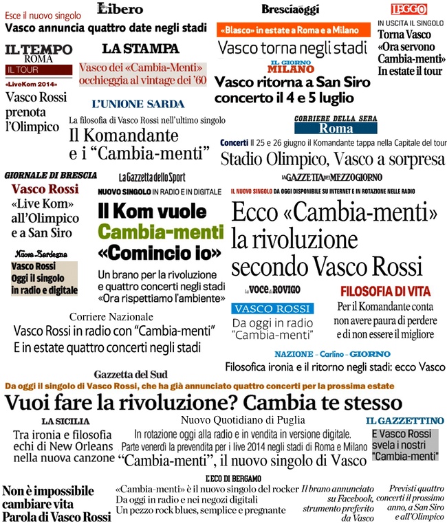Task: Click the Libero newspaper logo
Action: (120, 9)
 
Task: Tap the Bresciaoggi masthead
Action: (289, 9)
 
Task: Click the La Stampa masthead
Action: (140, 49)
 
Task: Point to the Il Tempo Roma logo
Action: (39, 54)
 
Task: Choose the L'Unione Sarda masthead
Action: (138, 104)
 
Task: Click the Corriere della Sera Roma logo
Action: (335, 124)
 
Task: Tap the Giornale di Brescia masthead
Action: (50, 175)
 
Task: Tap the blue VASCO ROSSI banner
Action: (272, 309)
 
